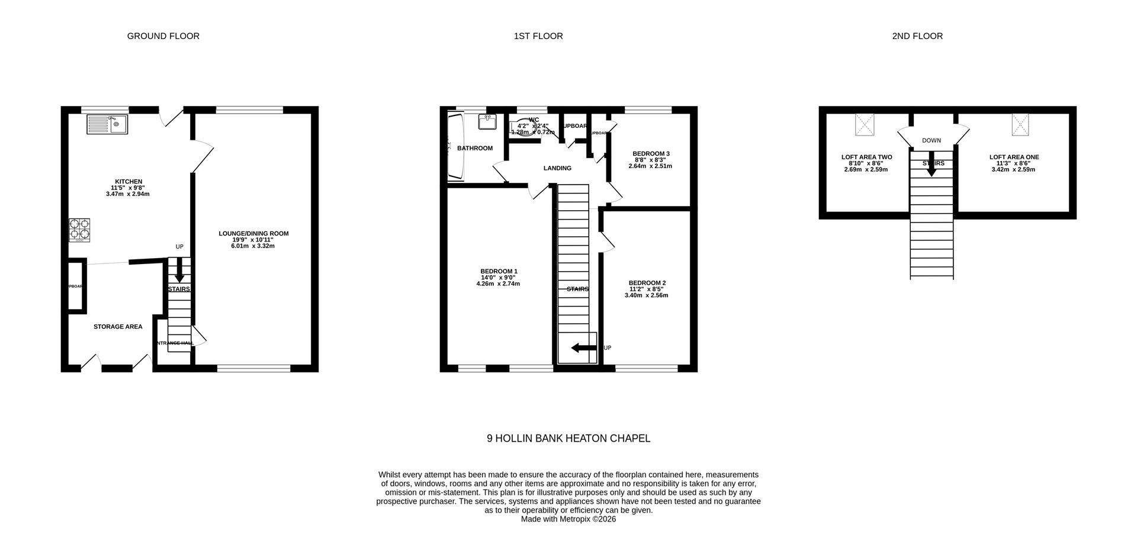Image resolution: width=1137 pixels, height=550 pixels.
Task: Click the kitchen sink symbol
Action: point(107,124)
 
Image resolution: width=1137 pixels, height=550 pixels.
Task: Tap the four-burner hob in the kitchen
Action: point(80,230)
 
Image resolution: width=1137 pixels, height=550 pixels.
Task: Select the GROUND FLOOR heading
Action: point(163,36)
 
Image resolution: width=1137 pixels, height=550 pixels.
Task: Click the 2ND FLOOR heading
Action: point(917,36)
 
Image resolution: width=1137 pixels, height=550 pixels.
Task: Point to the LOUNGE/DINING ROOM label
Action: point(253,234)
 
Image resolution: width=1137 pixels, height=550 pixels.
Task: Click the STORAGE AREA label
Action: point(118,327)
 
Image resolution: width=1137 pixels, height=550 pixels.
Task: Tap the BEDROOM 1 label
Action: point(499,272)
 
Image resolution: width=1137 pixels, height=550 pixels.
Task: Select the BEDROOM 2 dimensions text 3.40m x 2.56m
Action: point(646,295)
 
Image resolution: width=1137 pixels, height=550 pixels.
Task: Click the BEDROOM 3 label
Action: point(651,154)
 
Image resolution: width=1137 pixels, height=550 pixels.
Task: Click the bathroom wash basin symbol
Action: point(488,123)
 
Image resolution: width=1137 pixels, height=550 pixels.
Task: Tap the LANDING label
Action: point(557,168)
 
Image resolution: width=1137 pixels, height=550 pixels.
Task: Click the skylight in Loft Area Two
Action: point(864,125)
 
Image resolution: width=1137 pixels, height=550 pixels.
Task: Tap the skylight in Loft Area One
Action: point(1020,125)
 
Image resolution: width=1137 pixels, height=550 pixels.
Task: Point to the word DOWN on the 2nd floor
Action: point(932,141)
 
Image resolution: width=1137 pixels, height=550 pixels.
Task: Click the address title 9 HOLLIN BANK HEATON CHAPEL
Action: point(568,439)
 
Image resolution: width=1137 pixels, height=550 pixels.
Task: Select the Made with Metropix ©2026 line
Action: point(568,519)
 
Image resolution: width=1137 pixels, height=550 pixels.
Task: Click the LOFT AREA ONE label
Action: point(1014,157)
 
